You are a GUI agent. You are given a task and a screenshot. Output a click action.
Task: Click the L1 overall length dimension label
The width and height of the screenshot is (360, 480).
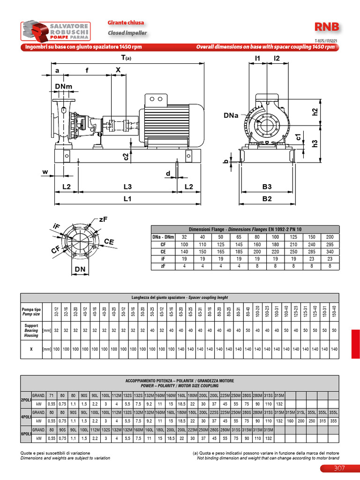point(127,198)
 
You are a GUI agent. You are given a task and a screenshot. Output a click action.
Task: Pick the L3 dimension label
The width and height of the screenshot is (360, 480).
point(127,187)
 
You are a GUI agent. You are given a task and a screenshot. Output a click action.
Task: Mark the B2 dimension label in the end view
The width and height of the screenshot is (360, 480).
point(267,198)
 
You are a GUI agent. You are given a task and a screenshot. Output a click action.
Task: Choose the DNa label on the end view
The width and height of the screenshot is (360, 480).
point(232,114)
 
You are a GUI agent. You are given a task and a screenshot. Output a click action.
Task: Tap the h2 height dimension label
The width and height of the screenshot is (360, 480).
point(315,112)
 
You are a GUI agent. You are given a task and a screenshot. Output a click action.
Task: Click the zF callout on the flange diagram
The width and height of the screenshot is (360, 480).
point(104,219)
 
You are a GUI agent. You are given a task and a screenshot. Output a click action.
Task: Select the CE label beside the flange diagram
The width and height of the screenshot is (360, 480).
point(109,241)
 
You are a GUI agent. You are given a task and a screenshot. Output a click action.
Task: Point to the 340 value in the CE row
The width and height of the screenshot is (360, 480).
point(330,252)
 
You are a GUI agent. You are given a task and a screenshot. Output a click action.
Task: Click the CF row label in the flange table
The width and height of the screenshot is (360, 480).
point(163,245)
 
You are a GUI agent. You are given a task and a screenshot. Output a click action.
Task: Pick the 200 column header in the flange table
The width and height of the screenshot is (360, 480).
point(330,237)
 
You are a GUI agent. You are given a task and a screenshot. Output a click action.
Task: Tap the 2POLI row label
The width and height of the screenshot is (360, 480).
point(25,399)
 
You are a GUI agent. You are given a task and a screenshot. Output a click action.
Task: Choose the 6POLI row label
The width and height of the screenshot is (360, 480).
point(25,434)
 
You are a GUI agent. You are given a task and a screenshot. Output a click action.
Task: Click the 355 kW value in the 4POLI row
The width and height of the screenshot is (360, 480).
point(333,421)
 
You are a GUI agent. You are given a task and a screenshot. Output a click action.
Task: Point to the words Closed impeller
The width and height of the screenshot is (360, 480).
point(127,33)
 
